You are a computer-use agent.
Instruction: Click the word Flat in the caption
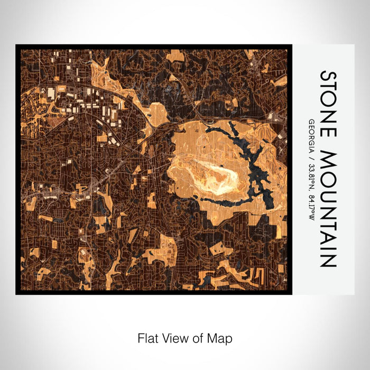point(146,337)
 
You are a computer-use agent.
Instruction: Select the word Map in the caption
point(222,337)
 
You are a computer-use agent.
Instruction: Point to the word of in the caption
point(200,337)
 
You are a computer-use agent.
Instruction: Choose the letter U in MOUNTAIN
point(328,193)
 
